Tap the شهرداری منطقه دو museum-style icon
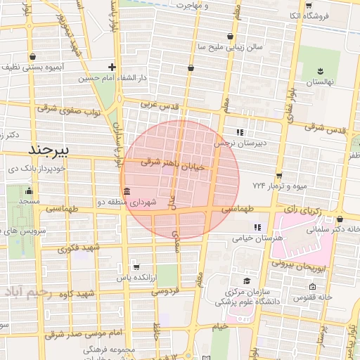pos(126,192)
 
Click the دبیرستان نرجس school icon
pos(240,131)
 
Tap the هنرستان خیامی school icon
pos(257,227)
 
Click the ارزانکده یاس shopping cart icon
pos(136,267)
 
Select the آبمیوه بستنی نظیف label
pos(38,67)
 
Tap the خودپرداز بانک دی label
pos(33,169)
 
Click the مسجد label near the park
pos(29,202)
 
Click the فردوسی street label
pos(166,290)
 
